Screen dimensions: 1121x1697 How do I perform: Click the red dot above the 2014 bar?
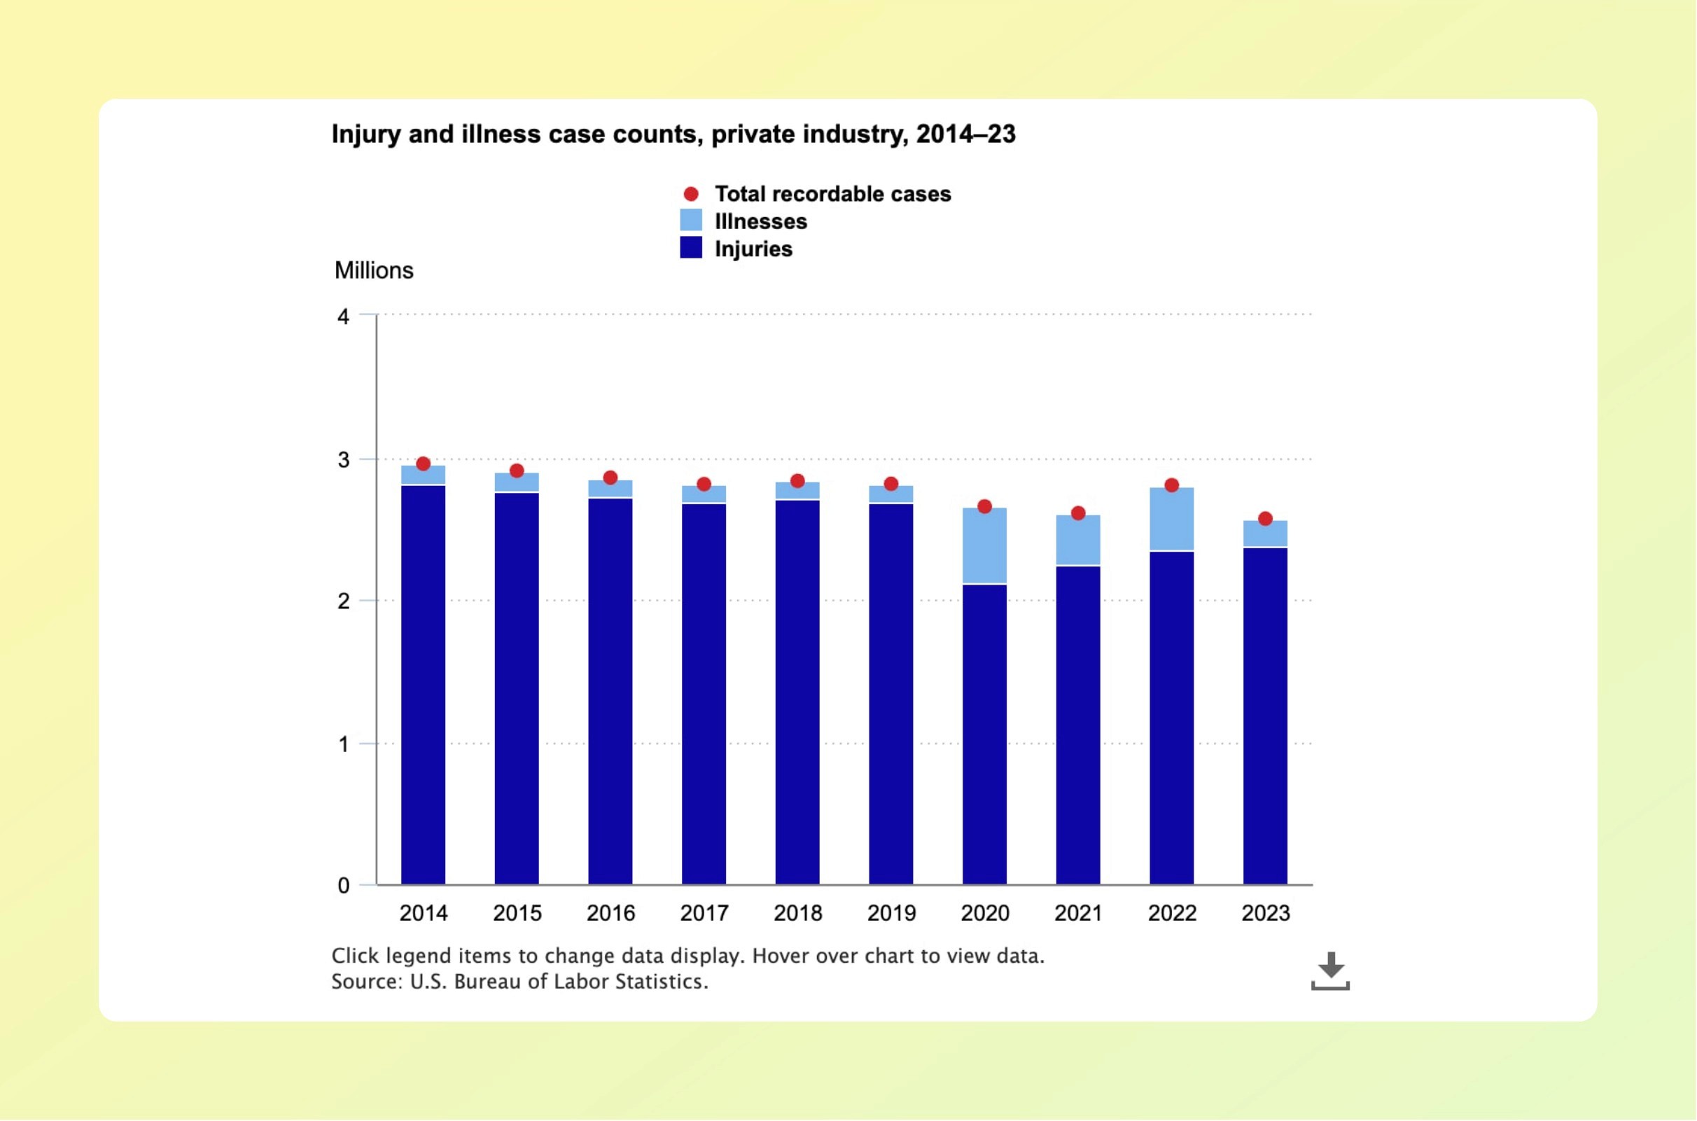[423, 464]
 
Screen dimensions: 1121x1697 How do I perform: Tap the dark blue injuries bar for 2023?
[1264, 715]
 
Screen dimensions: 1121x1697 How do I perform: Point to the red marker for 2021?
[1078, 513]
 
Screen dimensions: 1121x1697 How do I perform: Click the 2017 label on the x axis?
[704, 914]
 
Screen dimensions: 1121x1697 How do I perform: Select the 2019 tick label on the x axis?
[891, 914]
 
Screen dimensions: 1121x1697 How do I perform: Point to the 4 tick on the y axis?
[343, 316]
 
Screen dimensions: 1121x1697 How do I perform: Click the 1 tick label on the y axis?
[343, 745]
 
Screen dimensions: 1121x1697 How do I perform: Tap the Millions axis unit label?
[374, 271]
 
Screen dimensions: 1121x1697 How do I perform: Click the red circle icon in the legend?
[690, 195]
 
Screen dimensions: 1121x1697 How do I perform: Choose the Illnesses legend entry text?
[760, 222]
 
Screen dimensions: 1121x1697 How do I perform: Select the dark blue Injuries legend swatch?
[690, 248]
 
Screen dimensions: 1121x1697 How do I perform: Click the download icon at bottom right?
[1329, 971]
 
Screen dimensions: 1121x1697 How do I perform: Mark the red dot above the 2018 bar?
[798, 481]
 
